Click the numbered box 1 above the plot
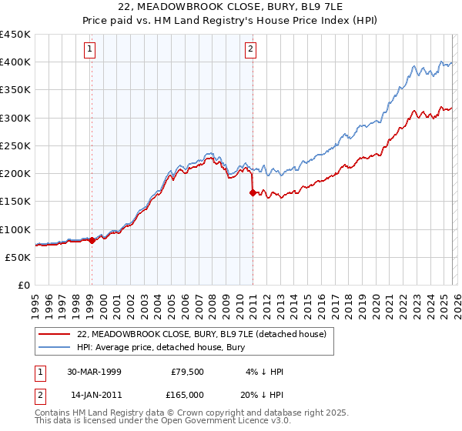91,50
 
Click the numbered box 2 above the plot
251,50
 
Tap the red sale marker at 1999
92,240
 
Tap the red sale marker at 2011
253,193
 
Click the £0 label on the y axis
23,285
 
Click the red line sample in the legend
55,334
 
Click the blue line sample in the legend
55,347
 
